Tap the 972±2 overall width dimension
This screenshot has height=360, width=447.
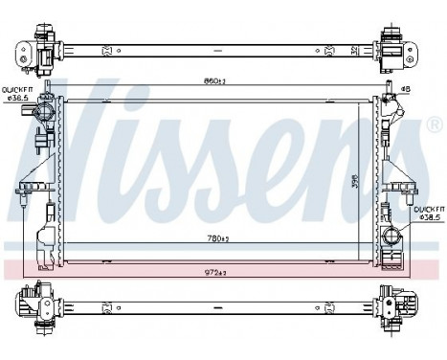215,272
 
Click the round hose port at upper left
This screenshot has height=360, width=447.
42,112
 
